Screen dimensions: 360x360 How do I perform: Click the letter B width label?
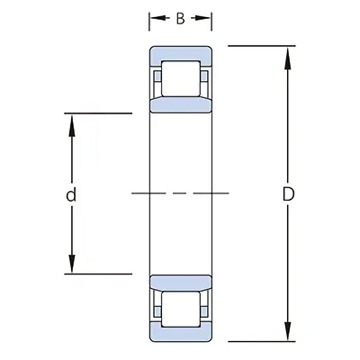click(181, 19)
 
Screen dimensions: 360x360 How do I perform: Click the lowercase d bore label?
click(71, 193)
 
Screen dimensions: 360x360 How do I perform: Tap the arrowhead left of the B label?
click(154, 19)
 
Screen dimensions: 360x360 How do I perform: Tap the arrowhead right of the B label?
click(207, 19)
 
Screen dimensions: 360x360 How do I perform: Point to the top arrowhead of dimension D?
click(289, 52)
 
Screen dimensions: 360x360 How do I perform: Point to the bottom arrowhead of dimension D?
click(289, 335)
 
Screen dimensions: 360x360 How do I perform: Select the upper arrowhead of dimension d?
click(72, 121)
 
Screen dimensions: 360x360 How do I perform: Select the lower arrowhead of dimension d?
click(72, 265)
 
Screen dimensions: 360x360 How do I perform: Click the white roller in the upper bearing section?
click(181, 79)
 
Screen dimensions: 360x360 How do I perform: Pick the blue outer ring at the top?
click(181, 53)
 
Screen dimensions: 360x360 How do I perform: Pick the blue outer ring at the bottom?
click(181, 334)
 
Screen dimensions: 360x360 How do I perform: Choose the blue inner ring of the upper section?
click(181, 104)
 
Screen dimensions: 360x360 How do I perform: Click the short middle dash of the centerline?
click(180, 193)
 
